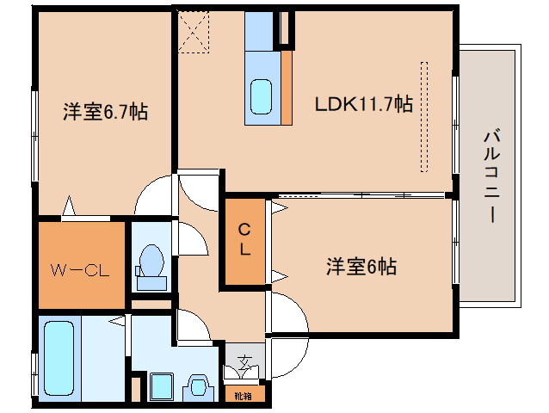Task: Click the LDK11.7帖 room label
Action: (364, 104)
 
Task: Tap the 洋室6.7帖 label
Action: (105, 112)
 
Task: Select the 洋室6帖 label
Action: (361, 267)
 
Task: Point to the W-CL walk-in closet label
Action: (80, 270)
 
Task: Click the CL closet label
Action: (244, 240)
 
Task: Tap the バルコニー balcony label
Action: (492, 176)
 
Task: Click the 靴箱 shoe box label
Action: (243, 396)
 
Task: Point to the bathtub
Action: (59, 359)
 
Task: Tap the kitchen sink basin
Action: (262, 96)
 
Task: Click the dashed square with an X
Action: (194, 32)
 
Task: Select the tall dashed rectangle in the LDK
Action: (424, 117)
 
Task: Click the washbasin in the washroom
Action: (199, 387)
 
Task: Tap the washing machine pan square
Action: (162, 386)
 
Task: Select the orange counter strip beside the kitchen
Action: (287, 88)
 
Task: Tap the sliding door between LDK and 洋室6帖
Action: (361, 195)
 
